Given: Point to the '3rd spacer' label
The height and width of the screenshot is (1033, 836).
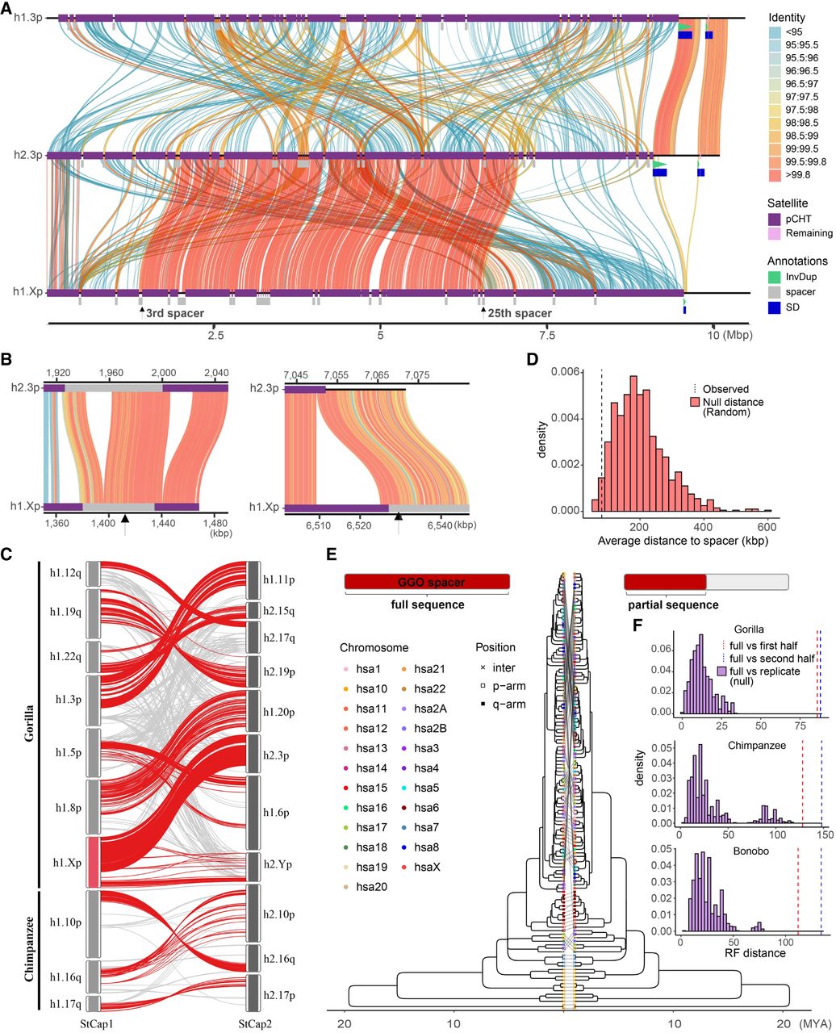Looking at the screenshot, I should pos(174,313).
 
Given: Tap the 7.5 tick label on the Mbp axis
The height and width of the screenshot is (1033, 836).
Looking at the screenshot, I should pos(546,334).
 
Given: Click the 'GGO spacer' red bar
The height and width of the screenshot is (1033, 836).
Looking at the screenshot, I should pos(427,581).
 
